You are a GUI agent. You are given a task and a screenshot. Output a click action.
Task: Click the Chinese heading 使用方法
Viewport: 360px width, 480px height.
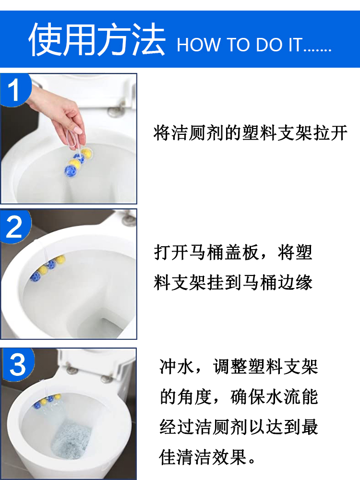click(97, 40)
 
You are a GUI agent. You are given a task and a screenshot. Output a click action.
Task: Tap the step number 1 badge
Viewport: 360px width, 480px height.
click(15, 90)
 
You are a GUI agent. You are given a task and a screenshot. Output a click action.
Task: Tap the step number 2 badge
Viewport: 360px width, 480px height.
click(15, 227)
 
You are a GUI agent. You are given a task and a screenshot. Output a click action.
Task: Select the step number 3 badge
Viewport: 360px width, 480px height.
click(18, 364)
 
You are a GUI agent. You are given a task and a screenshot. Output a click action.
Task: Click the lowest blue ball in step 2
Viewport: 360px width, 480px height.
click(35, 277)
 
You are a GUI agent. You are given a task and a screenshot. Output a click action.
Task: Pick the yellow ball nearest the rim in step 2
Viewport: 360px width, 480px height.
click(60, 259)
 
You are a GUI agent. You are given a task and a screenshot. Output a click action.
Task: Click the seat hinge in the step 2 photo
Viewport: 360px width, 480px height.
click(129, 218)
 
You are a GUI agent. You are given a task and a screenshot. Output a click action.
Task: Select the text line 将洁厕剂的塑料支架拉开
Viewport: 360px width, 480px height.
click(251, 133)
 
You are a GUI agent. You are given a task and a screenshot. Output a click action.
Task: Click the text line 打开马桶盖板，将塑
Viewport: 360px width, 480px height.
click(233, 252)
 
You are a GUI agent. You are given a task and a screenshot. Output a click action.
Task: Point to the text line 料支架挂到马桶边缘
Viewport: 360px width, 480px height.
click(233, 282)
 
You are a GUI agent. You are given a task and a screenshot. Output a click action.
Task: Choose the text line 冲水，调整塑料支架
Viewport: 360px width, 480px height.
click(239, 366)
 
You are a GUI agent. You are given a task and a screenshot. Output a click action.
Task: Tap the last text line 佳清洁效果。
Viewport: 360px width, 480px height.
click(207, 457)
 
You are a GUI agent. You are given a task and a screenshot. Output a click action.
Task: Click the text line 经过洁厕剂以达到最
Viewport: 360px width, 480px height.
click(239, 427)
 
